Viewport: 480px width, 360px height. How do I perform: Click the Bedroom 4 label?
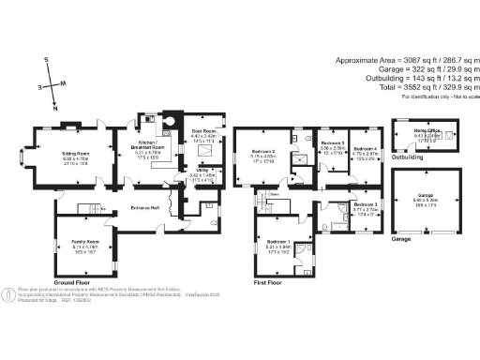(x=366, y=149)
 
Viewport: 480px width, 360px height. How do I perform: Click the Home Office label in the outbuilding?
(x=427, y=130)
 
